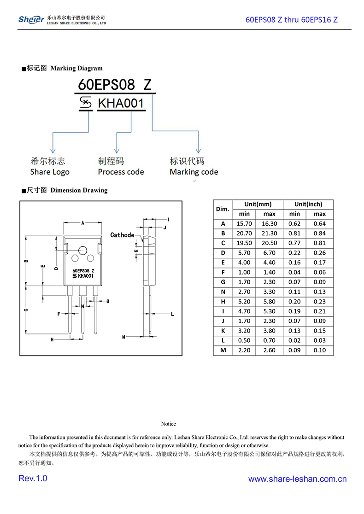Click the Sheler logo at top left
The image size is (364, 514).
(x=31, y=19)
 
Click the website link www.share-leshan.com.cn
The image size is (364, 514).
(x=297, y=479)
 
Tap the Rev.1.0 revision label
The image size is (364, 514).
(x=33, y=479)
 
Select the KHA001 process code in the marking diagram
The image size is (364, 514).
(x=121, y=104)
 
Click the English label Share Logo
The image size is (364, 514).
(x=50, y=172)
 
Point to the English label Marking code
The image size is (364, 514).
(x=194, y=172)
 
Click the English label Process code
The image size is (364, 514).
(x=121, y=172)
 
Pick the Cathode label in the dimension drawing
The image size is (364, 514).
(x=122, y=235)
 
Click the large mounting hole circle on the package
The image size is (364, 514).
(x=83, y=250)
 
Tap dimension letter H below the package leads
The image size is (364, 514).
(x=52, y=339)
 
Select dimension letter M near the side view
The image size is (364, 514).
(x=123, y=337)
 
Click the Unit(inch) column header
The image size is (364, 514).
(x=308, y=204)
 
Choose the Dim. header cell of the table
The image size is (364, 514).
(x=223, y=209)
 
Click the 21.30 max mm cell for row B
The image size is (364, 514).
(x=269, y=234)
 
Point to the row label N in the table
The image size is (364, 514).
(x=223, y=292)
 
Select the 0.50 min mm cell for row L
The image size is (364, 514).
(x=244, y=340)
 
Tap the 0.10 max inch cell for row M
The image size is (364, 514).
(x=319, y=350)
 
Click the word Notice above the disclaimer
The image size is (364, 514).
(x=169, y=424)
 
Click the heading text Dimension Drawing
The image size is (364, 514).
(x=79, y=190)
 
